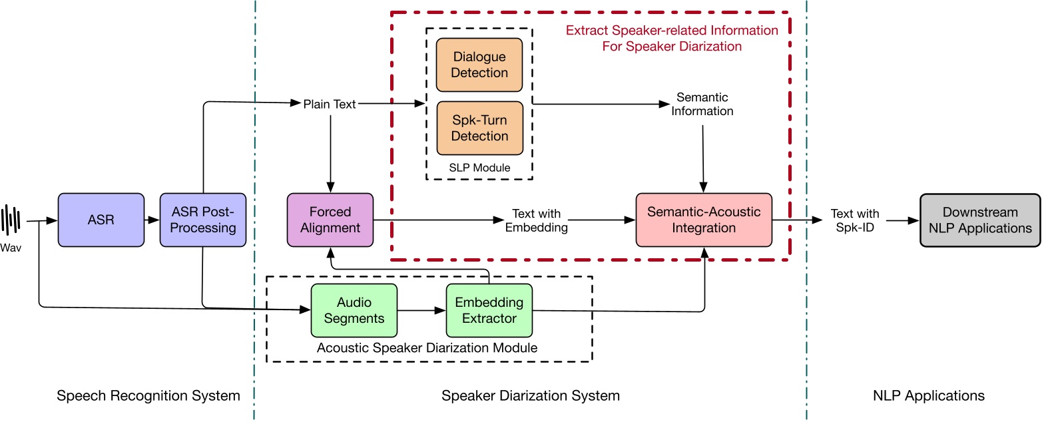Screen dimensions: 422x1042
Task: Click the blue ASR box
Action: (x=101, y=220)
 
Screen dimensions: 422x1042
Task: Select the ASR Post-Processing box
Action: (x=203, y=220)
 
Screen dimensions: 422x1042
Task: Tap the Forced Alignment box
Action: (x=330, y=220)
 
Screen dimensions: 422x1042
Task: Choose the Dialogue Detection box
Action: (x=479, y=65)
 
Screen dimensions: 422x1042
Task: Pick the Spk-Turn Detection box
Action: (x=479, y=128)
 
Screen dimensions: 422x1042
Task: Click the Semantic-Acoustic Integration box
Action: (x=704, y=220)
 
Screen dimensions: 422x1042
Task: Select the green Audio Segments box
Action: (x=354, y=310)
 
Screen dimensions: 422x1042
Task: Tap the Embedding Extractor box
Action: (x=489, y=310)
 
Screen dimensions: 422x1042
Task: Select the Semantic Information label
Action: (x=702, y=105)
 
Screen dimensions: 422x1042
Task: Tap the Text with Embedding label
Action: (x=536, y=220)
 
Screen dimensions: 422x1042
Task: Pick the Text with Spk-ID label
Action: (x=855, y=220)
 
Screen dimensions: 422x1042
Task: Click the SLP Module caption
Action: (x=479, y=168)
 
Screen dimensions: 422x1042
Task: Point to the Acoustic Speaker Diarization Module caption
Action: (x=427, y=347)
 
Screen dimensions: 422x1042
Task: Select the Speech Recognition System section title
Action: (x=148, y=396)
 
